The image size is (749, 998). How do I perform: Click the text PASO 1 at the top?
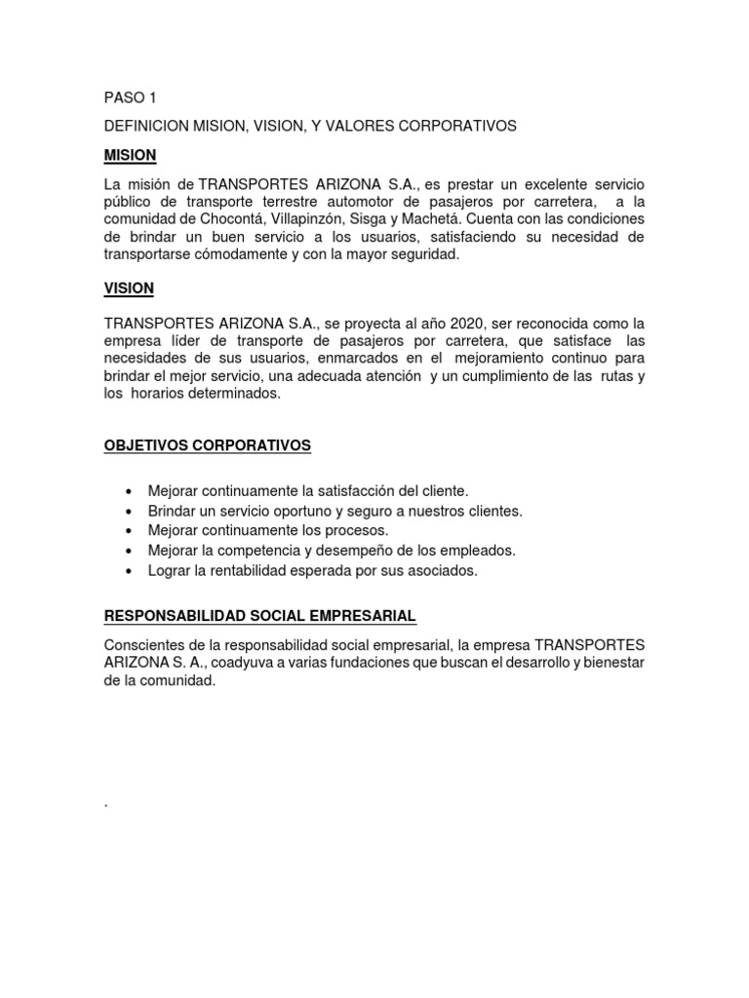[x=130, y=97]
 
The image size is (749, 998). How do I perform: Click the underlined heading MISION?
[x=130, y=156]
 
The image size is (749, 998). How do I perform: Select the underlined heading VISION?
[x=129, y=288]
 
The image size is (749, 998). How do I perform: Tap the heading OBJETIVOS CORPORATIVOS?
[x=207, y=445]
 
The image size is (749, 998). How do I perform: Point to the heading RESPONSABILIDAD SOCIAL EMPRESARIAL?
[x=260, y=616]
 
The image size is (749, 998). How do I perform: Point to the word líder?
[x=185, y=341]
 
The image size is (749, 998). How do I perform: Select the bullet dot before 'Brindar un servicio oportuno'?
[x=130, y=511]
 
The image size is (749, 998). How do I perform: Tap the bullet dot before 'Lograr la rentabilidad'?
[x=130, y=571]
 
